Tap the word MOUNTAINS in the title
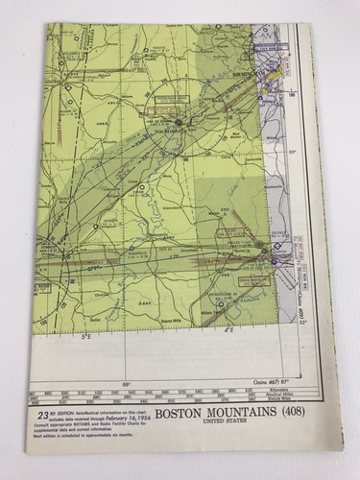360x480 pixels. [x=233, y=418]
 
